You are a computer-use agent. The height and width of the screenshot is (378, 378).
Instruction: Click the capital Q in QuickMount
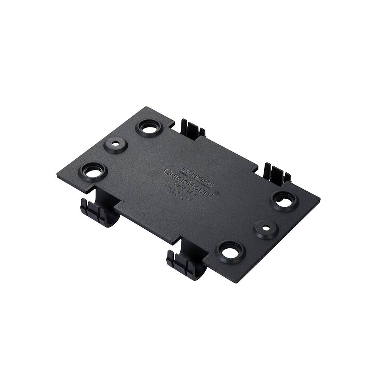coord(168,172)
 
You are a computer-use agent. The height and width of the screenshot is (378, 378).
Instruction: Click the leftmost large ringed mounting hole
coord(93,172)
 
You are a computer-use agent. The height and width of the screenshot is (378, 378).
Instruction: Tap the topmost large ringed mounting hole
coord(149,128)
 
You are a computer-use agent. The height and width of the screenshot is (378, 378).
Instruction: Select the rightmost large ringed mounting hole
coord(284,201)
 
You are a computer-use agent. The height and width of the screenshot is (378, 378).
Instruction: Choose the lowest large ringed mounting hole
coord(230,252)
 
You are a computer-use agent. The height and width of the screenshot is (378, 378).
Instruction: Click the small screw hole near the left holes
coord(115,145)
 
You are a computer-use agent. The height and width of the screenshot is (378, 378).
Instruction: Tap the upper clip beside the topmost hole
coord(192,129)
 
